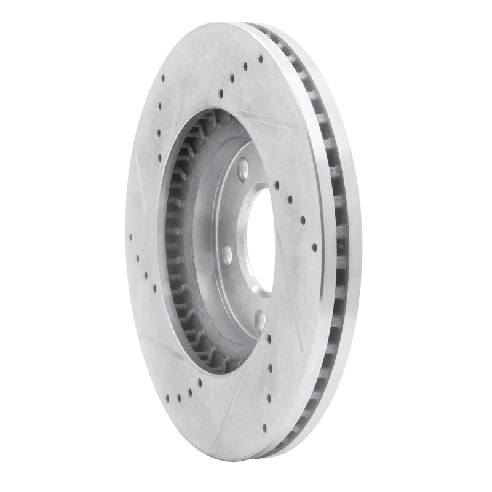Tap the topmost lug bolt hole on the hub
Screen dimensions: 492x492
click(242, 167)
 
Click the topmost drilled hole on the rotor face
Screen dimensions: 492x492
click(260, 58)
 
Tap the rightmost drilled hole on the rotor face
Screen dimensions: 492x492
click(314, 247)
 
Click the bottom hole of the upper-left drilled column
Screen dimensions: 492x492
click(160, 157)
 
